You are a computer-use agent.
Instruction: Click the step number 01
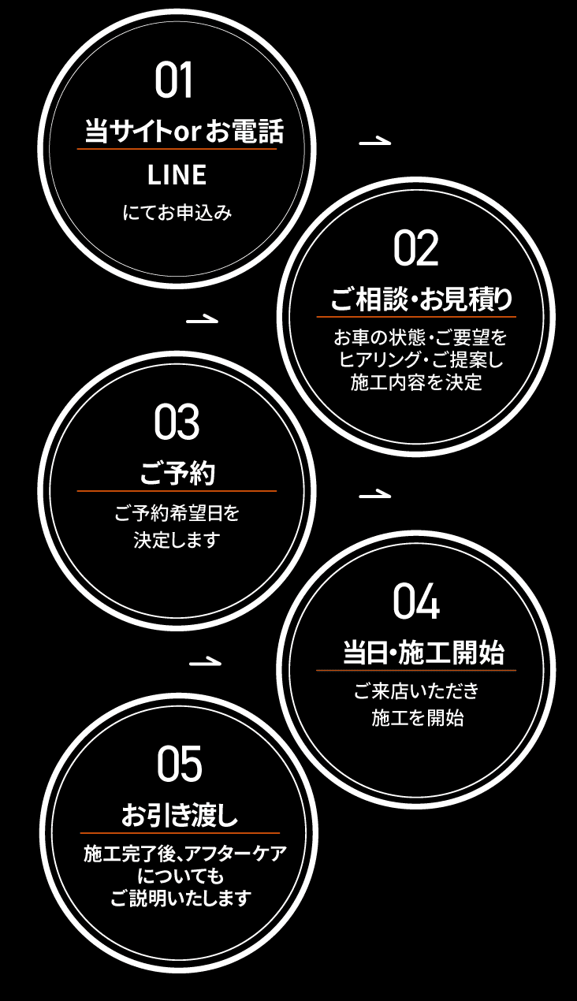(174, 81)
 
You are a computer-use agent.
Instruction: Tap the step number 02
(415, 249)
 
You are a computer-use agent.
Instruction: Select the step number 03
(177, 423)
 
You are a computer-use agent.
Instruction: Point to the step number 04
(415, 602)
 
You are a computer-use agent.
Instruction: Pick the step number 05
(179, 765)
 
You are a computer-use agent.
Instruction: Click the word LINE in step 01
(177, 175)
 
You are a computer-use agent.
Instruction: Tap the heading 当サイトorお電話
(184, 132)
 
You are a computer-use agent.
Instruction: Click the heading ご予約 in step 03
(177, 474)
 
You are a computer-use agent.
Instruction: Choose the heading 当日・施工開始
(423, 653)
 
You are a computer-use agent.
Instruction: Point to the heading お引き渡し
(180, 816)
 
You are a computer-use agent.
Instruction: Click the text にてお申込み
(177, 212)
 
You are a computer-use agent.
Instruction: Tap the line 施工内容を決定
(416, 384)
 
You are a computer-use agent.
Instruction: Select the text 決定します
(177, 540)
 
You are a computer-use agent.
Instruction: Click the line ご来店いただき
(416, 692)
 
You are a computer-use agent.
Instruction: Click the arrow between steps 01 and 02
(374, 142)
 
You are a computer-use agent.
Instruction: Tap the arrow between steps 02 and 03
(203, 320)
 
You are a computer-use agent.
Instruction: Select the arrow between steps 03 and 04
(374, 495)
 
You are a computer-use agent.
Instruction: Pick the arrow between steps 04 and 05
(205, 661)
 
